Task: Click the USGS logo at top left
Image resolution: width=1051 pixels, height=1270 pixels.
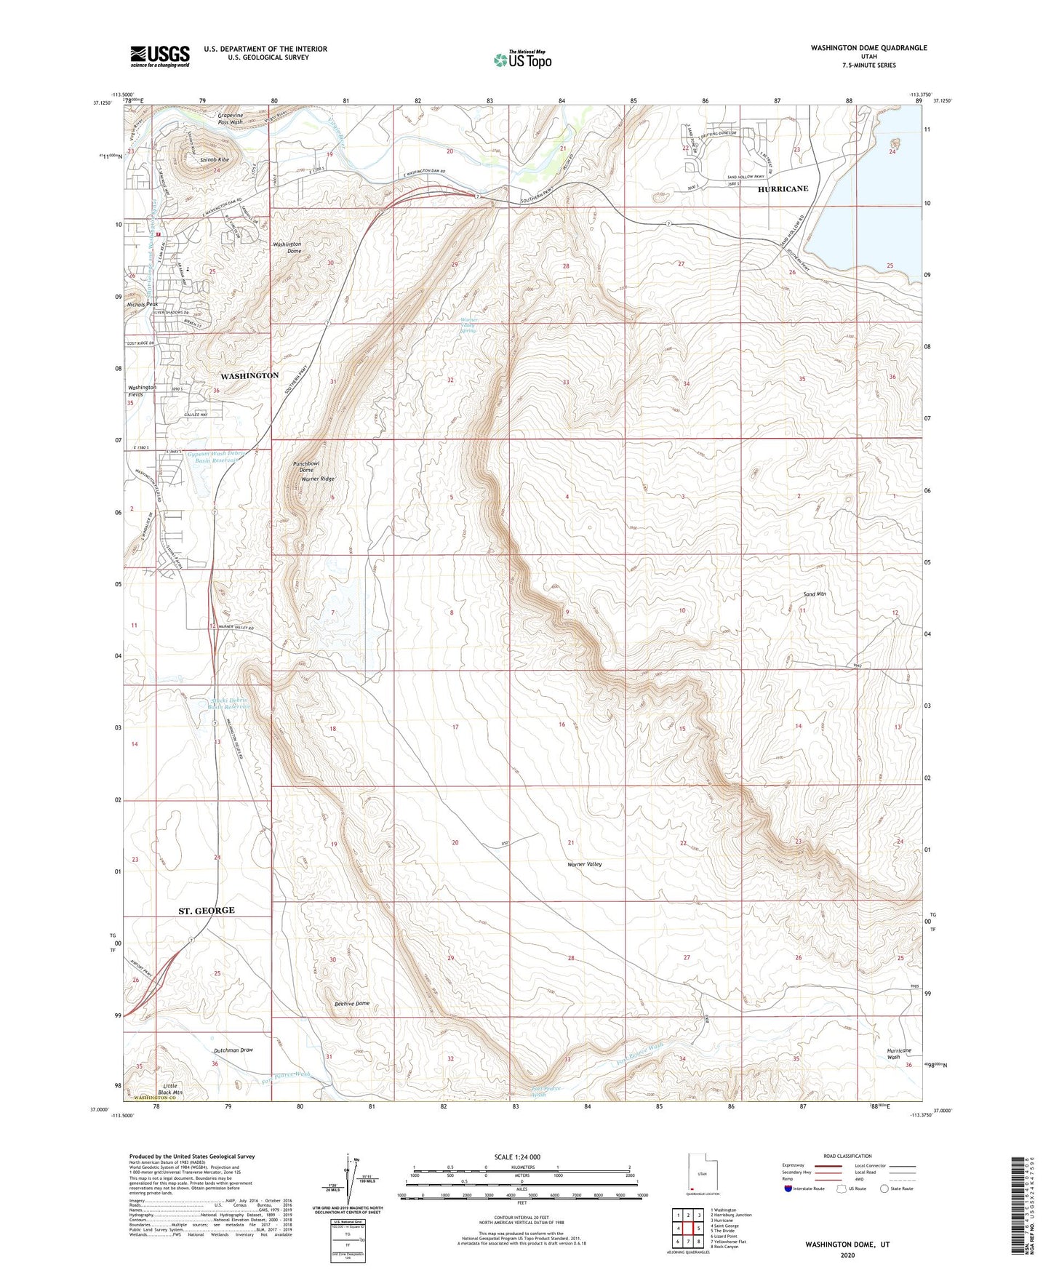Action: pos(160,56)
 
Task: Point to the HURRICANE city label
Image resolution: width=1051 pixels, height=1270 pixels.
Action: pos(783,188)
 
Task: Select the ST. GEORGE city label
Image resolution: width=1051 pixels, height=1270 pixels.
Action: pos(207,911)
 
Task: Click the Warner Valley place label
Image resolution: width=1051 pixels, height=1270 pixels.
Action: pos(585,864)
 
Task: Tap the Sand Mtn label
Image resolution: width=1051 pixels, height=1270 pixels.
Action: pos(815,594)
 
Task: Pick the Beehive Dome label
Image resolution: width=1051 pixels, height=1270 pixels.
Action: pos(352,1004)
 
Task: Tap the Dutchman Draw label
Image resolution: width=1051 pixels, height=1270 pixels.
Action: pos(233,1050)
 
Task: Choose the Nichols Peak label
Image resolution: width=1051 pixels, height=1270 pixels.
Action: pos(143,304)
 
